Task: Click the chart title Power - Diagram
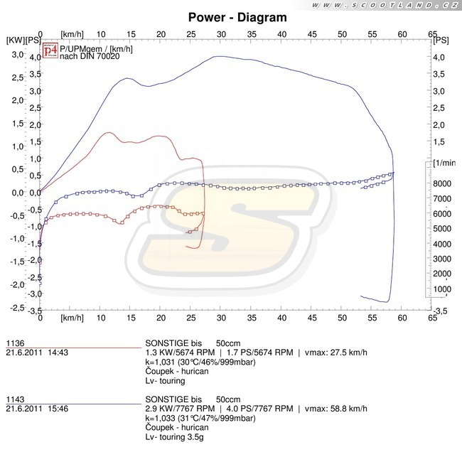[237, 17]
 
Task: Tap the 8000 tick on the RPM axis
[443, 183]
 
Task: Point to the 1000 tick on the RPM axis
[443, 289]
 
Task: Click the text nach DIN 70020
[90, 57]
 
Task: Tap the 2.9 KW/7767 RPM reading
[183, 409]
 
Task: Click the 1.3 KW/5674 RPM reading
[183, 351]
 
